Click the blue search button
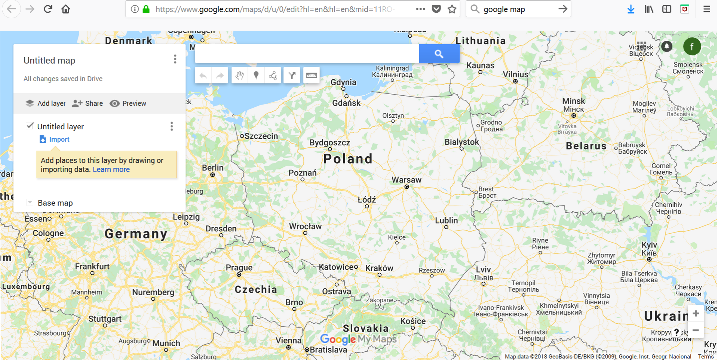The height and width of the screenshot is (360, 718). (x=439, y=54)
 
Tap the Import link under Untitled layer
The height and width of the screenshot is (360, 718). (x=59, y=139)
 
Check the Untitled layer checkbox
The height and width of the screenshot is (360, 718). (x=30, y=126)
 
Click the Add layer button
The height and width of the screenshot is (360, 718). (x=46, y=104)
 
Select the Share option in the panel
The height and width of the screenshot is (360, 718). (x=88, y=104)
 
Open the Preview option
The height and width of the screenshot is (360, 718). (x=128, y=104)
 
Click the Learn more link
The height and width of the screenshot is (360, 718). (x=111, y=169)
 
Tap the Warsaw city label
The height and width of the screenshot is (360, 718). (x=406, y=180)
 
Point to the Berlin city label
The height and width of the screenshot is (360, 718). (x=213, y=168)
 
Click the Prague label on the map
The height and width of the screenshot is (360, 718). (x=239, y=268)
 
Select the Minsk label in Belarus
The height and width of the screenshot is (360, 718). (x=574, y=101)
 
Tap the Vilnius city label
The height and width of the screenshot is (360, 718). (x=516, y=74)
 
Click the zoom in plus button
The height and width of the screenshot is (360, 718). (x=696, y=314)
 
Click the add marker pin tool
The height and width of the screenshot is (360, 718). (x=256, y=76)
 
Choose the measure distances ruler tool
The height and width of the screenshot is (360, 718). (x=311, y=76)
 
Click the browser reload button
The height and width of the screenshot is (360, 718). (x=48, y=9)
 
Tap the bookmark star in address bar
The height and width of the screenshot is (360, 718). (x=452, y=9)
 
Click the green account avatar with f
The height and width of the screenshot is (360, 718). (x=692, y=46)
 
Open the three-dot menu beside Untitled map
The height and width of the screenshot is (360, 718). (x=175, y=59)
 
